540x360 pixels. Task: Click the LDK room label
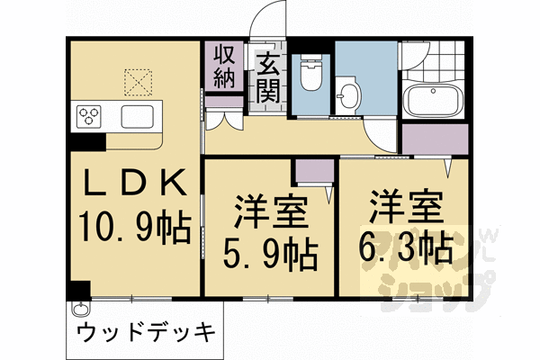136,184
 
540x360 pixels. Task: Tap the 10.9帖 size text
136,227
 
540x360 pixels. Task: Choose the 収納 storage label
224,67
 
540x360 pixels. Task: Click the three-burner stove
91,116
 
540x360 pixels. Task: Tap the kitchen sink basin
138,116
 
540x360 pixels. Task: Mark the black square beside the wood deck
78,290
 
